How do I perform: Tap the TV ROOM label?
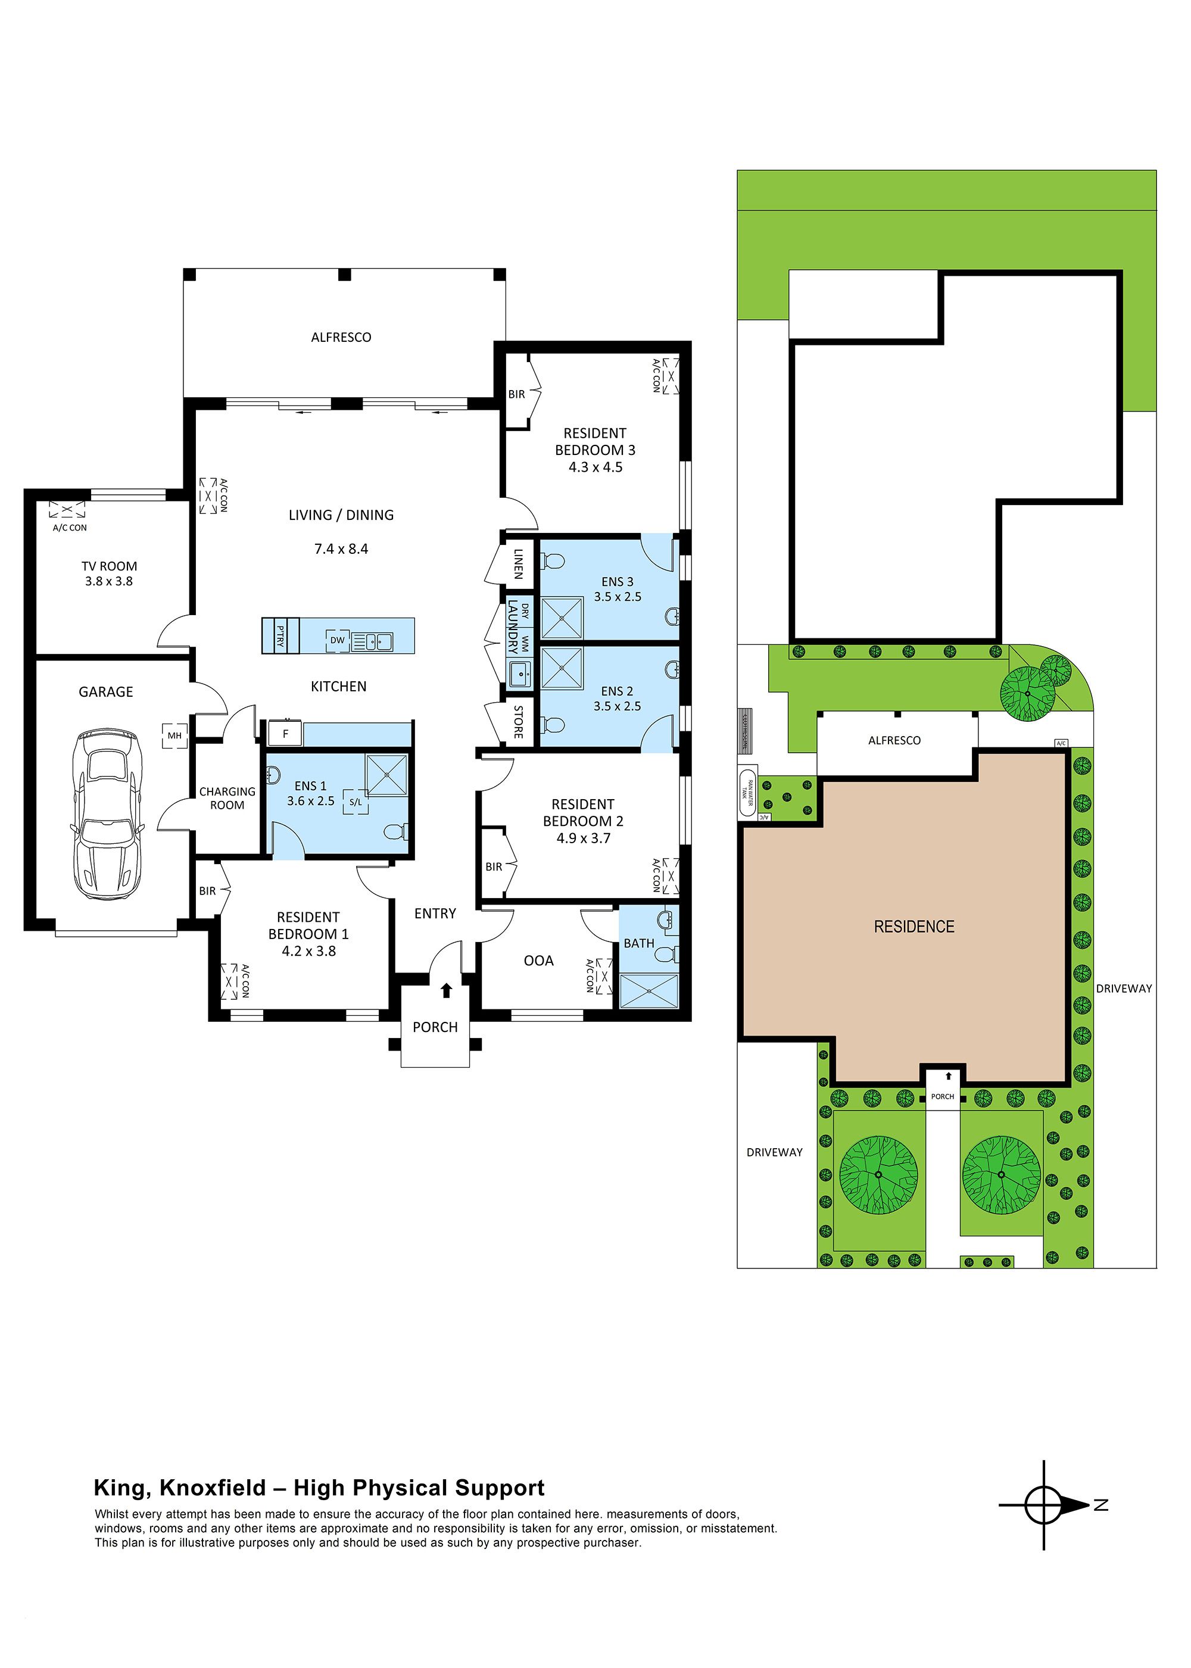tap(109, 573)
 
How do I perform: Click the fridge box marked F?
tap(286, 733)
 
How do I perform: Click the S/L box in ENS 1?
tap(356, 802)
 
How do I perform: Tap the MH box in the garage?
tap(174, 735)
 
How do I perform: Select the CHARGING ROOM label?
tap(227, 798)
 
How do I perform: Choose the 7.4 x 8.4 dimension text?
tap(341, 548)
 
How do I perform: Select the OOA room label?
tap(538, 961)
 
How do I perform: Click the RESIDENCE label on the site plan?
tap(913, 927)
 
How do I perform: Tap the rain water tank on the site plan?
tap(747, 793)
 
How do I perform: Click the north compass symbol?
tap(1045, 1505)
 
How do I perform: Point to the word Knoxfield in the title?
tap(213, 1488)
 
